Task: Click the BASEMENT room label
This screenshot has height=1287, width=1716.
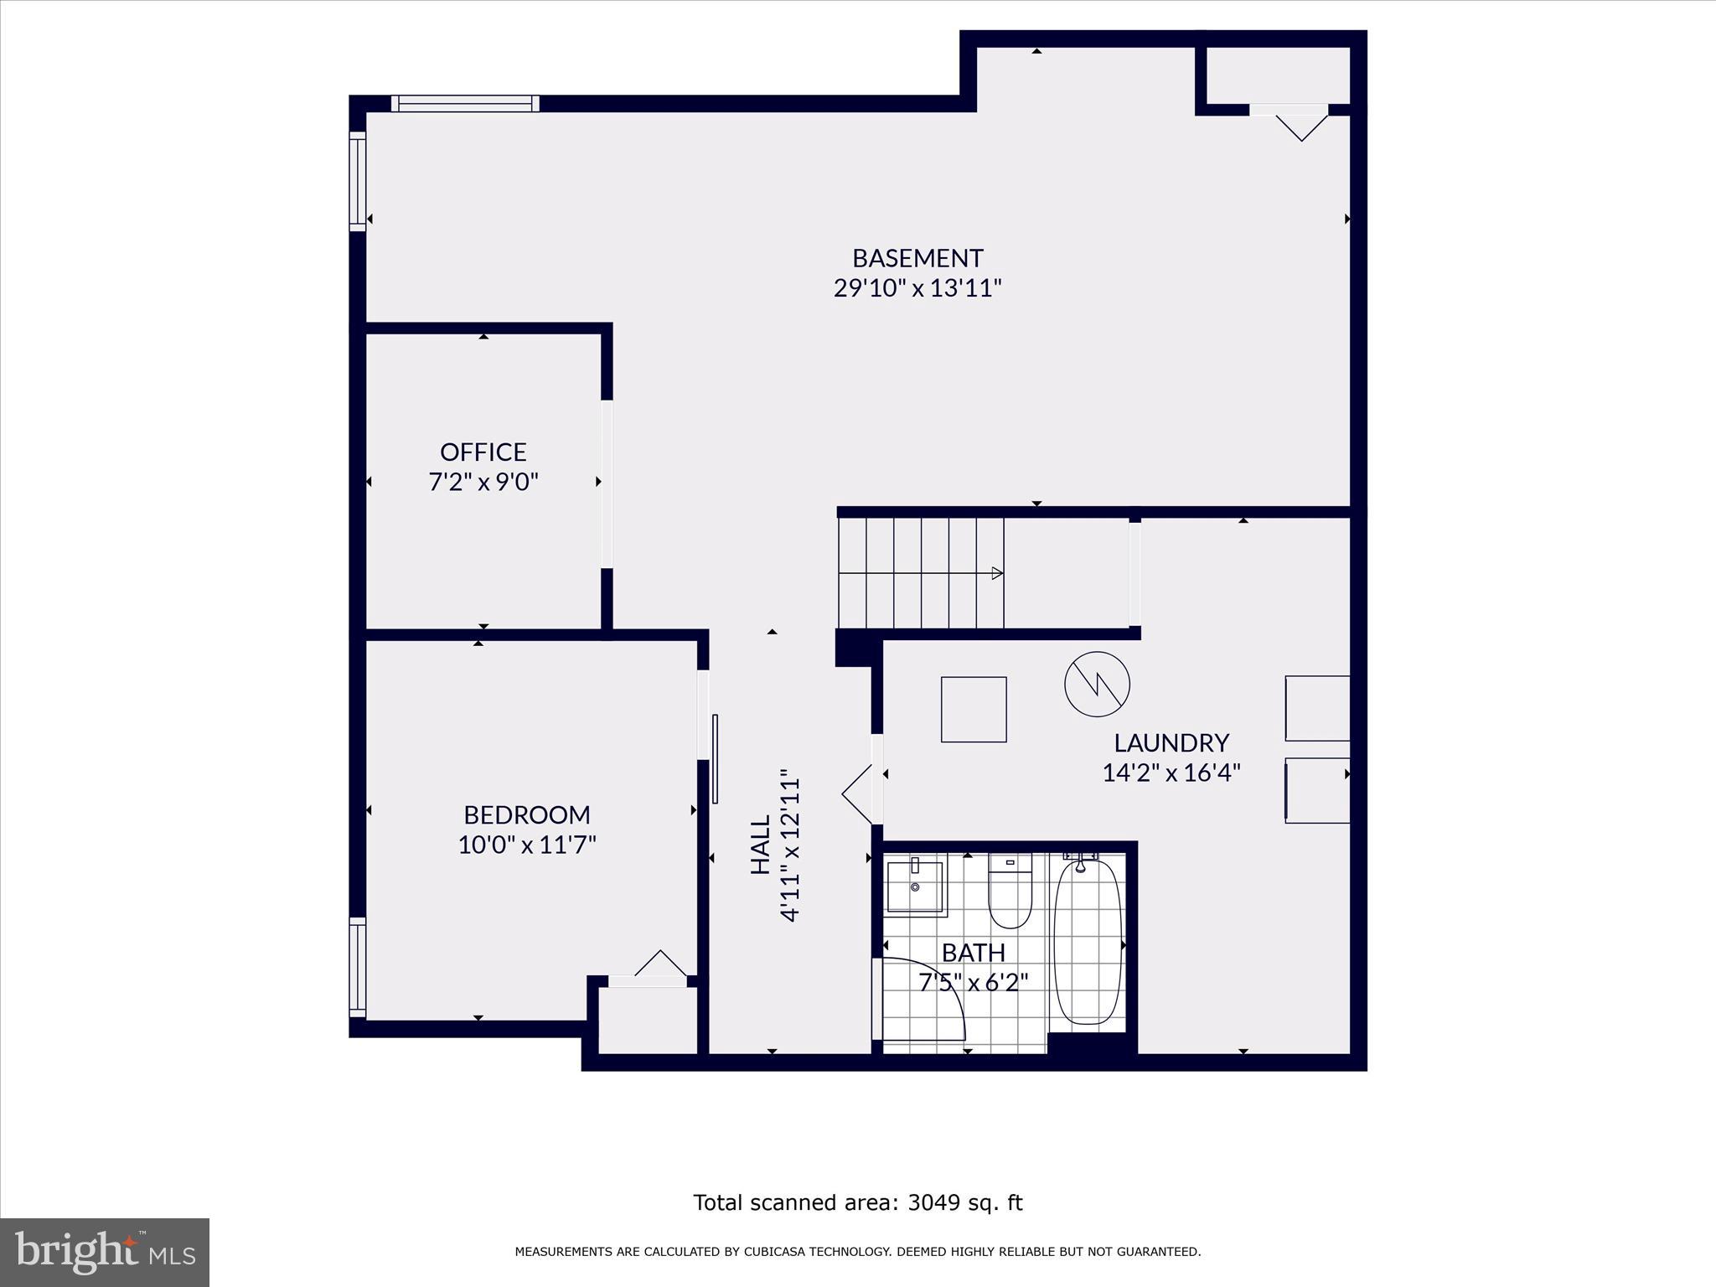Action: [x=917, y=258]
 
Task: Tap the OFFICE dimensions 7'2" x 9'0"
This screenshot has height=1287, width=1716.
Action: [x=483, y=483]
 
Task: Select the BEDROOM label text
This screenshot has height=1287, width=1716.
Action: [x=527, y=814]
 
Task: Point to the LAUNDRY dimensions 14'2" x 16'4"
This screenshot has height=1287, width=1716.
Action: [x=1171, y=773]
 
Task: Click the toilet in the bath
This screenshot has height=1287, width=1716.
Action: [x=1010, y=892]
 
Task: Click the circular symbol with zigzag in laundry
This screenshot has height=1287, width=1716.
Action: [x=1097, y=684]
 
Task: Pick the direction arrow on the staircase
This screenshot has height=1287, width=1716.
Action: [x=996, y=573]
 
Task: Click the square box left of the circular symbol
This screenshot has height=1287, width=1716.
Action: [x=974, y=709]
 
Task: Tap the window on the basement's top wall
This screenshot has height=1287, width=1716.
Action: [x=465, y=104]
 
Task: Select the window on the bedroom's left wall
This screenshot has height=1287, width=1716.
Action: [x=358, y=967]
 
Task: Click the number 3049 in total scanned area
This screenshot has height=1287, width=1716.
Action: [x=933, y=1202]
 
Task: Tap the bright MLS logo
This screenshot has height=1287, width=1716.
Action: [x=105, y=1252]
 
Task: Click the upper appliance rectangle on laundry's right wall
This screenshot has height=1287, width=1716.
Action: [x=1317, y=709]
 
